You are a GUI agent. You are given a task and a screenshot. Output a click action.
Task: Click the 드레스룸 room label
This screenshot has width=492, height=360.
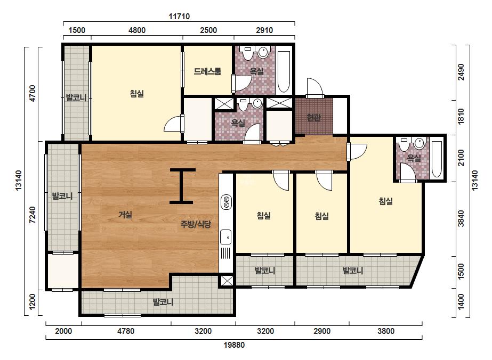click(x=207, y=71)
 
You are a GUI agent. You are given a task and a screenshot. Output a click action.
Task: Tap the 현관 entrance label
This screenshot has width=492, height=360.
click(x=313, y=118)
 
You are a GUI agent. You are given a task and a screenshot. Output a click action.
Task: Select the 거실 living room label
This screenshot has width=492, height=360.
click(x=125, y=215)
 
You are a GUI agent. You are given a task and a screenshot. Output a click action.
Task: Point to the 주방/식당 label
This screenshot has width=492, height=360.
click(x=196, y=224)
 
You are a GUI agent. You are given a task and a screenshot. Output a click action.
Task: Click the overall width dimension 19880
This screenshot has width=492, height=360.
click(x=234, y=345)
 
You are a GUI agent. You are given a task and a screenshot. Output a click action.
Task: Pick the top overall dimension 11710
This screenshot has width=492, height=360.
click(x=179, y=17)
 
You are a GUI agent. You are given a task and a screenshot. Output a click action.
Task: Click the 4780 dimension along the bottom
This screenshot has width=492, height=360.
click(x=125, y=331)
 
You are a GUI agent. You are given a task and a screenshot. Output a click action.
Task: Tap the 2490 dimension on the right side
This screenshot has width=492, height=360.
click(x=461, y=72)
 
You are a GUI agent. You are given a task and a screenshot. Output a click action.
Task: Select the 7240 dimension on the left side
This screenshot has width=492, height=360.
click(x=33, y=215)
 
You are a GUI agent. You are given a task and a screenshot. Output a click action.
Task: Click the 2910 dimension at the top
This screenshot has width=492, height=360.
click(x=264, y=30)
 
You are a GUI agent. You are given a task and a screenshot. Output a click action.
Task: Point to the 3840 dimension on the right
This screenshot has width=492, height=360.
click(x=461, y=218)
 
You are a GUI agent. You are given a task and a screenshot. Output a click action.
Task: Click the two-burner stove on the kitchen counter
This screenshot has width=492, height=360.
click(x=226, y=202)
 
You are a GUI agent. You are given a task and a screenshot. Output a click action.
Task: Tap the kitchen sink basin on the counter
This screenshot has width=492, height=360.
click(x=226, y=237)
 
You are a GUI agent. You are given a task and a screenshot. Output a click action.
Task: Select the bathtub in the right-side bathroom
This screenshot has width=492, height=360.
click(x=437, y=159)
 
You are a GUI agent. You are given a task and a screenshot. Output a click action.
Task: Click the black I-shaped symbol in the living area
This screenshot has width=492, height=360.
click(x=182, y=186)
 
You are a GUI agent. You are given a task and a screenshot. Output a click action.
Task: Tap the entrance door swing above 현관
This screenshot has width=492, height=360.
click(x=315, y=87)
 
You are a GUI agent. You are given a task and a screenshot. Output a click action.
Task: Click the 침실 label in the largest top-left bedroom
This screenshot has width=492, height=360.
click(x=137, y=93)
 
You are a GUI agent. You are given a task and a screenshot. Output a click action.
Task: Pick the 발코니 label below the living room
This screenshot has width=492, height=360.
click(x=163, y=302)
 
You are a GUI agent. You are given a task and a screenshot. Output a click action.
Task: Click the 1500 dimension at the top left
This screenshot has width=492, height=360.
click(x=77, y=30)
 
